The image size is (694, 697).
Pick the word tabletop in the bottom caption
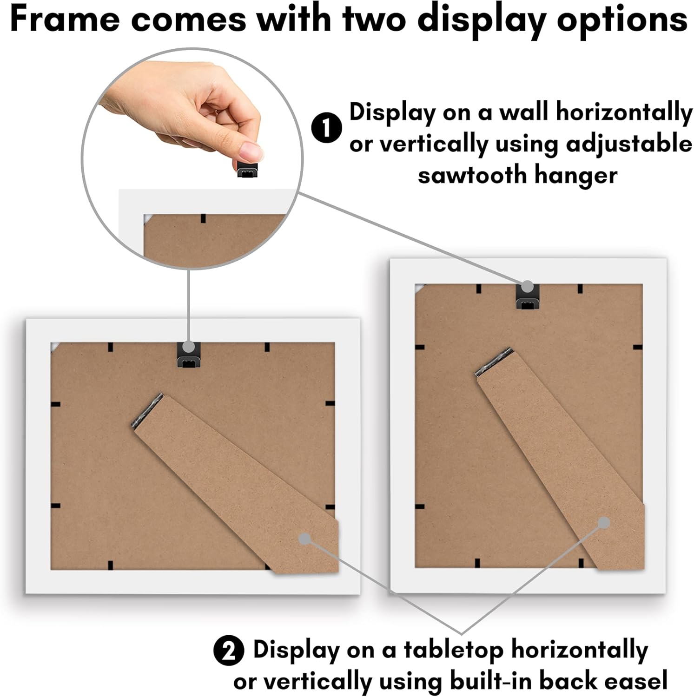click(453, 650)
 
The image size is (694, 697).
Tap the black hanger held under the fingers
click(247, 170)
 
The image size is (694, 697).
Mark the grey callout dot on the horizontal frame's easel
click(305, 539)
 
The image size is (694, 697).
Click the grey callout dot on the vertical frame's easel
click(603, 523)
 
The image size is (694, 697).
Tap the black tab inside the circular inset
click(203, 218)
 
